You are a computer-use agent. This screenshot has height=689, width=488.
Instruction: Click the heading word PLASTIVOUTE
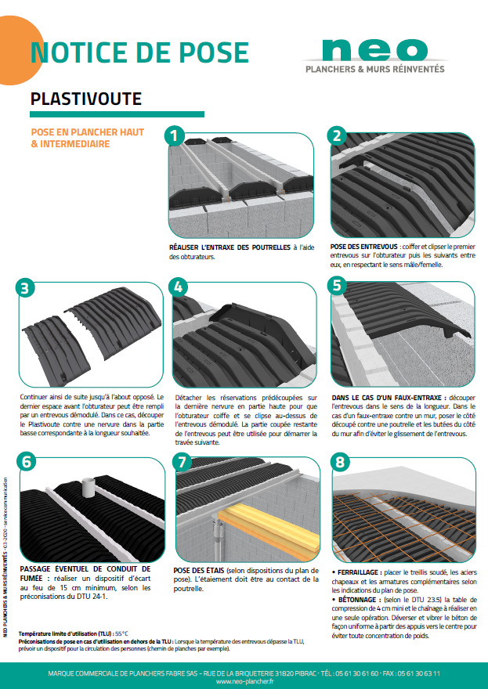click(86, 99)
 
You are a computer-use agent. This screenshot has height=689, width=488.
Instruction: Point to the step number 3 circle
click(26, 288)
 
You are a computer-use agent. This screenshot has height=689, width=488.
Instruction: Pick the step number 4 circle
click(179, 288)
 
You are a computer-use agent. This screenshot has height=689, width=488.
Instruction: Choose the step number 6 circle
click(26, 461)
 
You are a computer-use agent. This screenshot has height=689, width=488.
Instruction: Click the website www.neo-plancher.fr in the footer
click(244, 680)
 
